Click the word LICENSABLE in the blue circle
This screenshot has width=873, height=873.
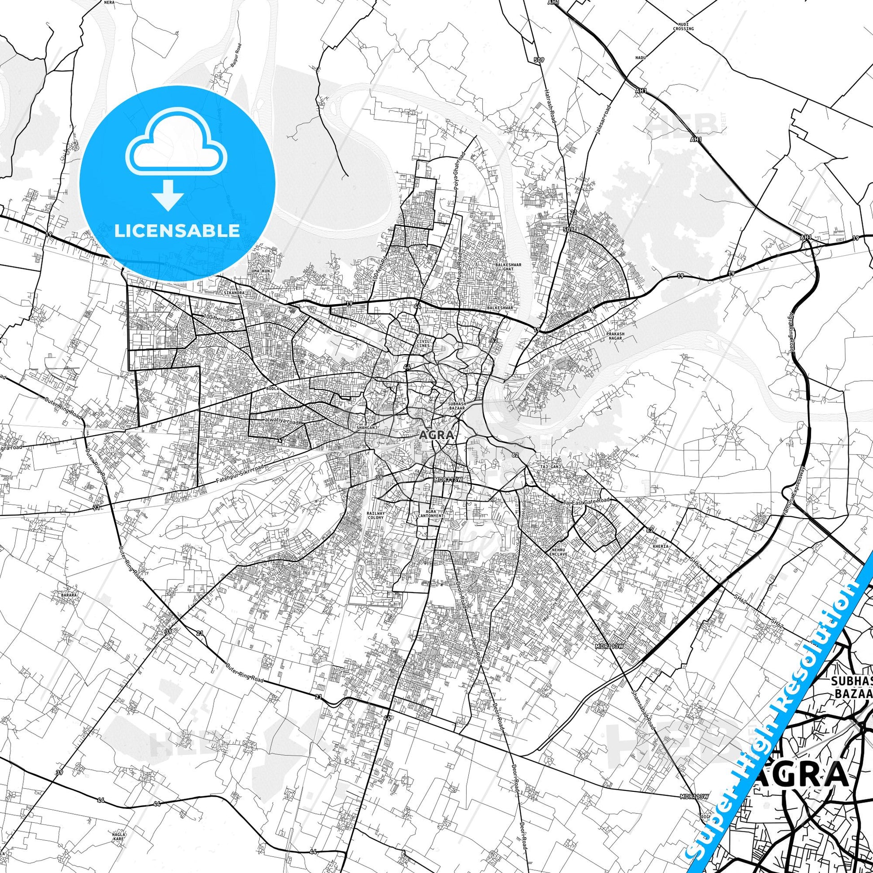coord(177,231)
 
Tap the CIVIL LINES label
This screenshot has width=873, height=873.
coord(424,342)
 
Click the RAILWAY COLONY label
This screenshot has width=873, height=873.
coord(375,515)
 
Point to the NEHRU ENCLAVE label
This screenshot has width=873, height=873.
coord(555,551)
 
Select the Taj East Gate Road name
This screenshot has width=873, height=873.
coord(586,501)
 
